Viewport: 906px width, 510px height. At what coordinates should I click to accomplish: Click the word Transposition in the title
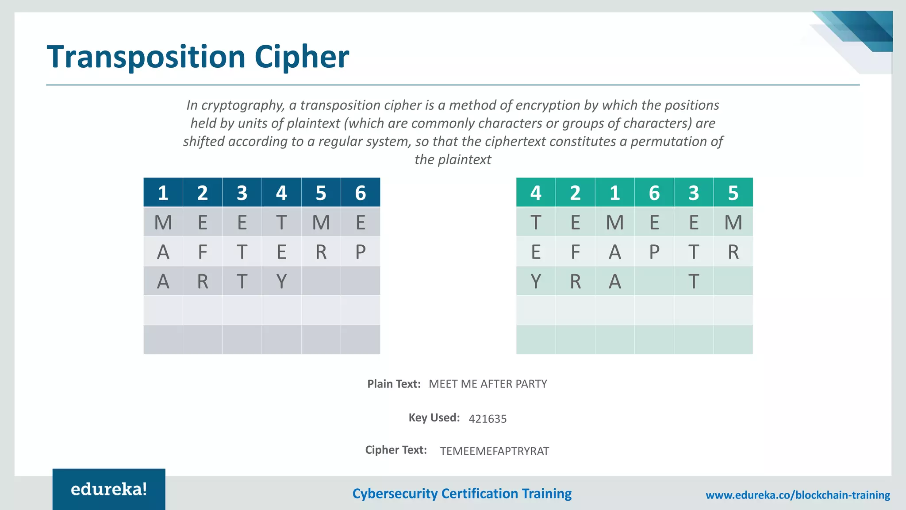[146, 58]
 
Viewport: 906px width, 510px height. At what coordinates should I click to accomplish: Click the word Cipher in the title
[302, 58]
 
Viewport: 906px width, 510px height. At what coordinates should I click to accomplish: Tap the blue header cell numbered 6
[360, 193]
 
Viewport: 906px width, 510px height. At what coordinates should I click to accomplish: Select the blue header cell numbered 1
[163, 193]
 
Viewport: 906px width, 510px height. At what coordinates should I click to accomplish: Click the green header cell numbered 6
[654, 193]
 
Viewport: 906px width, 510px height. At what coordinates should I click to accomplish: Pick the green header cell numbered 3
[693, 193]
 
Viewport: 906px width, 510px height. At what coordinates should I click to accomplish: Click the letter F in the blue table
[202, 252]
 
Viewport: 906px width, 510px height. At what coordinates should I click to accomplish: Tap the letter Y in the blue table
[281, 281]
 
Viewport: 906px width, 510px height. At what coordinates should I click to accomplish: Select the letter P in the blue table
[360, 252]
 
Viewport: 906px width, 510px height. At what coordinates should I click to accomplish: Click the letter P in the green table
[654, 252]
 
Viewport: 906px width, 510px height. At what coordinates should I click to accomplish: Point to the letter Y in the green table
[535, 281]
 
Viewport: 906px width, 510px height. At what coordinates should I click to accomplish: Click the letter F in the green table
[575, 252]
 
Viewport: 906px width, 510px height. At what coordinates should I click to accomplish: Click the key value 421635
[488, 419]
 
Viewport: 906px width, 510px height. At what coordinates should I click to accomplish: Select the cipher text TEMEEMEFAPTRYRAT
[494, 451]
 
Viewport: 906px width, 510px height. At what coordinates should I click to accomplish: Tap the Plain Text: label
[394, 384]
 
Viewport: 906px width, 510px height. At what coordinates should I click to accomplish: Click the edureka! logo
[109, 489]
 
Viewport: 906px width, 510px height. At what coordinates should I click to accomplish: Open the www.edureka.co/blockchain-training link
[798, 495]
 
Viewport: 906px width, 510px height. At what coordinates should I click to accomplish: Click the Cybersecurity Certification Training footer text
[462, 494]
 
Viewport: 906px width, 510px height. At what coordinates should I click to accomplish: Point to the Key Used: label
[434, 417]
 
